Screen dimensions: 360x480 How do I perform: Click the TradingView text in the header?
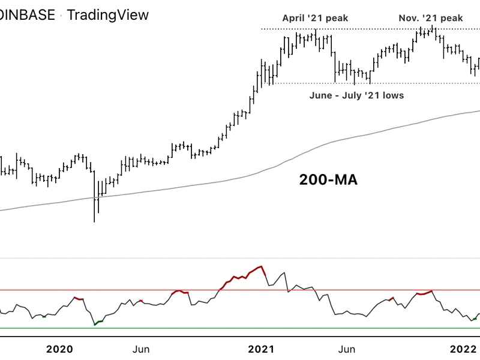tap(107, 14)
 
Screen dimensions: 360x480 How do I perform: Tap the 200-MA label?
tap(328, 179)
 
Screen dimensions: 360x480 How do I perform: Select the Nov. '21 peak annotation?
tap(431, 18)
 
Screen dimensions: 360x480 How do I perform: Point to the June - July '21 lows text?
tap(356, 95)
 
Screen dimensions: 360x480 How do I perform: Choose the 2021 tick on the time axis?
tap(261, 349)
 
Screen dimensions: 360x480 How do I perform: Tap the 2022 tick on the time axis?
tap(463, 349)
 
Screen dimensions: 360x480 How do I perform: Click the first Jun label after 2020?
tap(140, 349)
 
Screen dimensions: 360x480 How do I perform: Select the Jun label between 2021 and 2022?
tap(345, 349)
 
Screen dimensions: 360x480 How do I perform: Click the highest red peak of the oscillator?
tap(261, 266)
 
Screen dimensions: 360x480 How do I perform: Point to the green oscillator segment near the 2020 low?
tap(98, 322)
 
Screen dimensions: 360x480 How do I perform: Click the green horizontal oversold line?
tap(240, 328)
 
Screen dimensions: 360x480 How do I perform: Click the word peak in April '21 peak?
tap(336, 18)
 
